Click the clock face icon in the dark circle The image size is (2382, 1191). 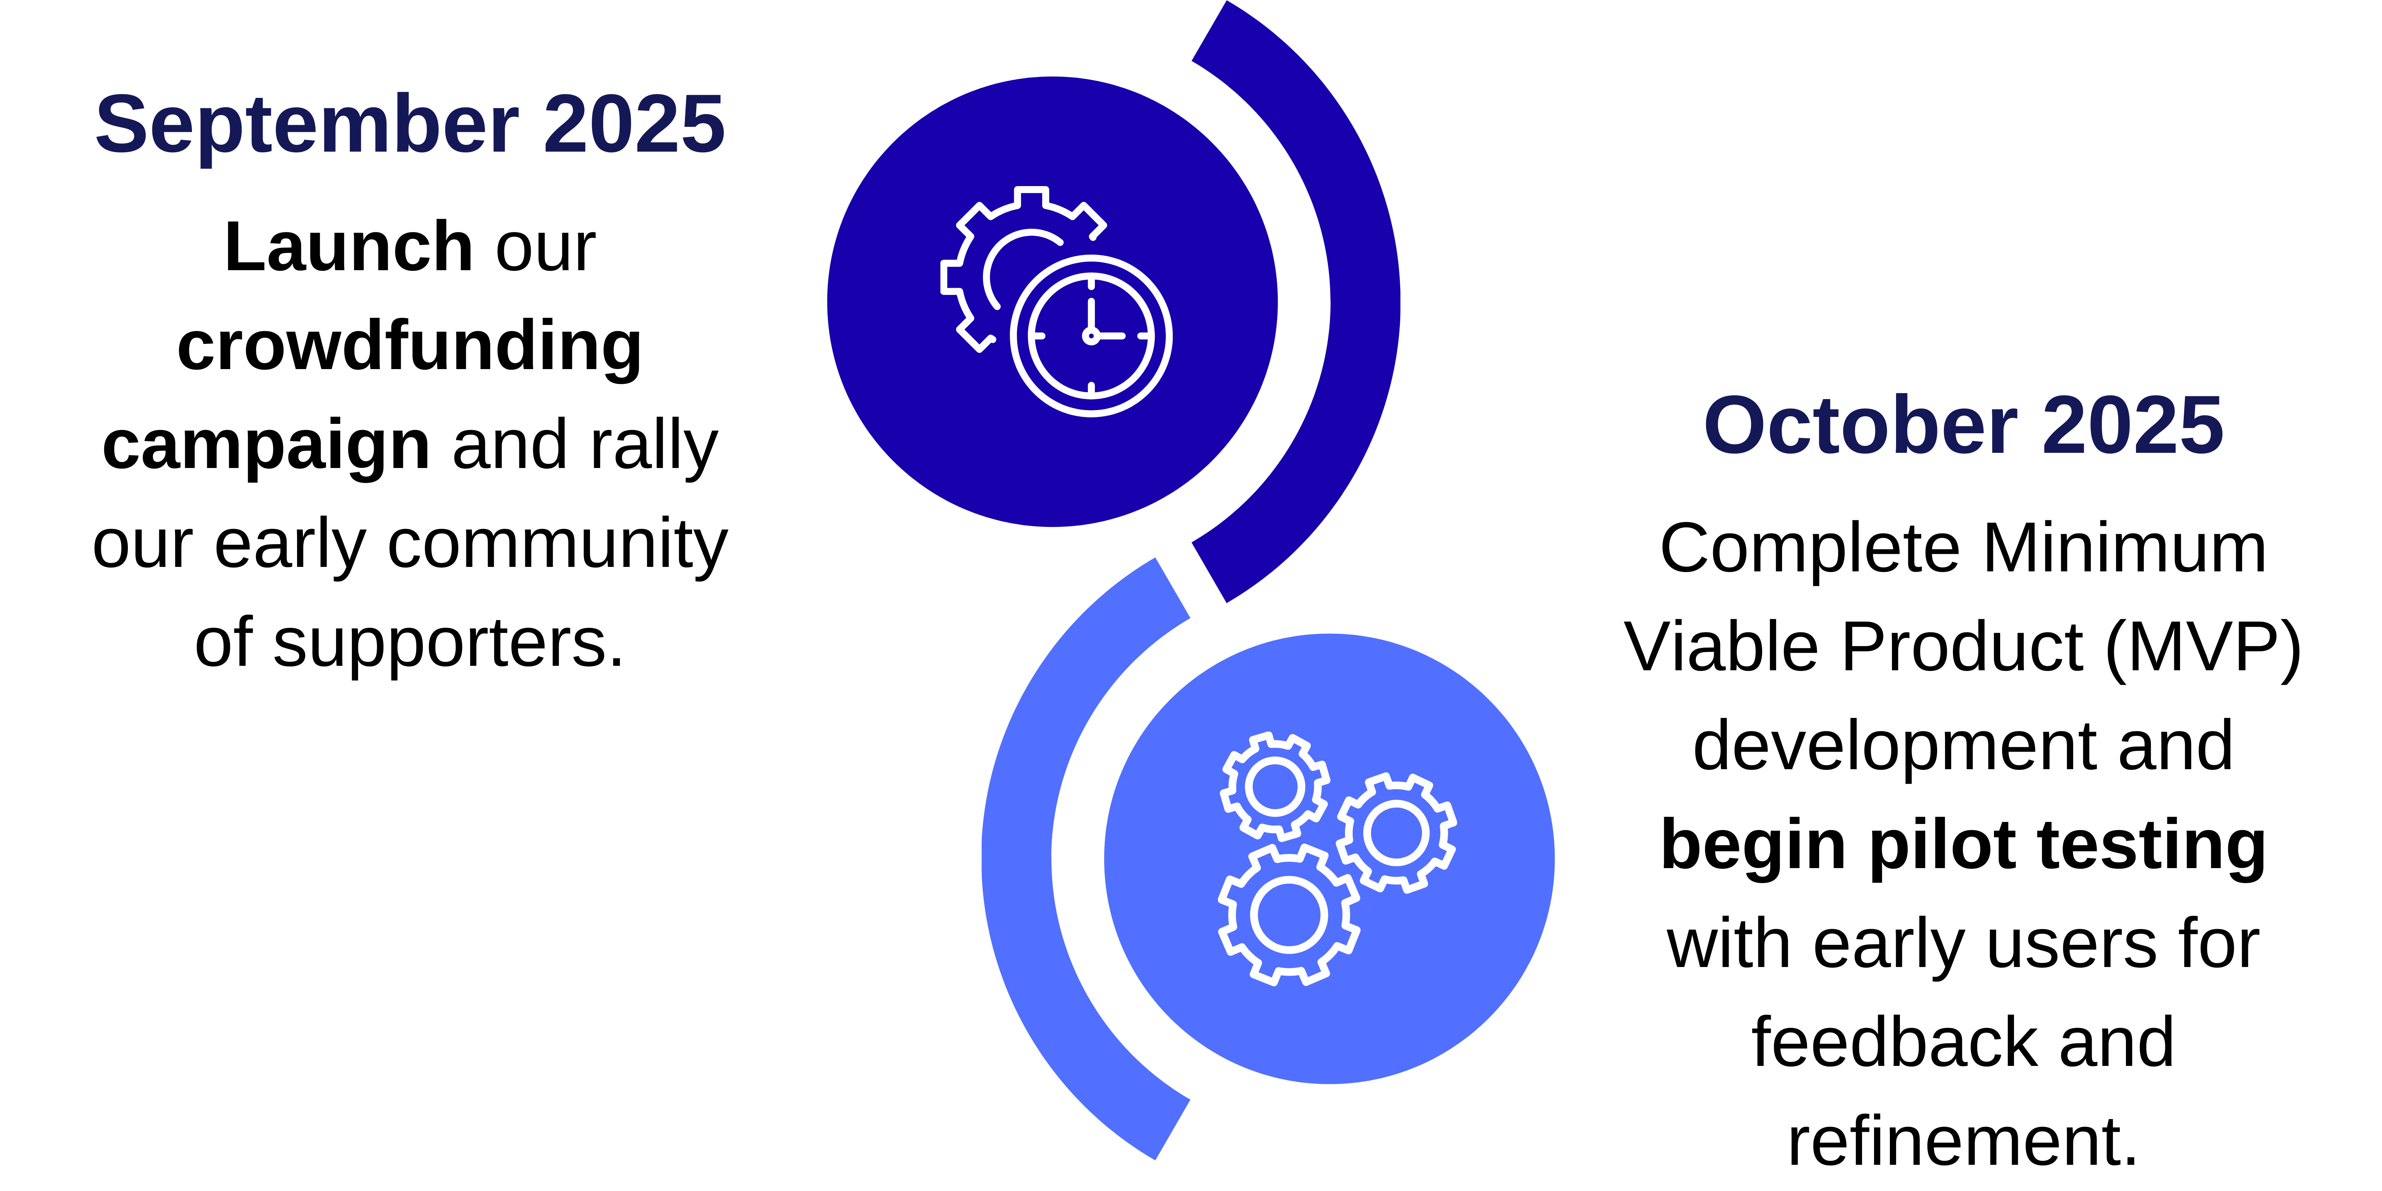[x=1091, y=336]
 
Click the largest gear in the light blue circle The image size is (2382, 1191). [x=1289, y=915]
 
